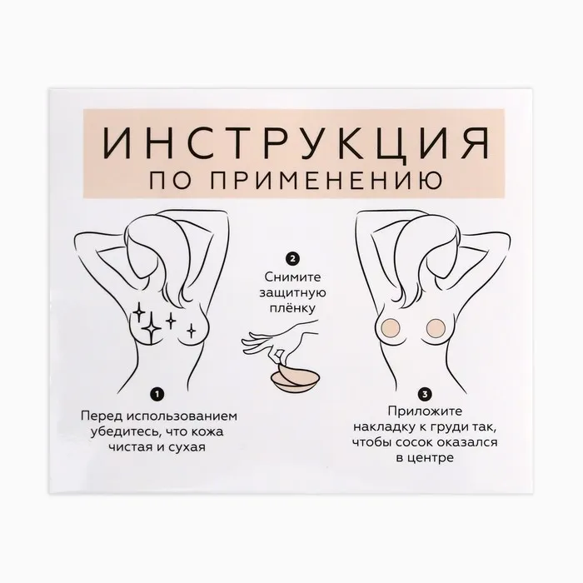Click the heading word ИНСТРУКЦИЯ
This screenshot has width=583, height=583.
tap(296, 143)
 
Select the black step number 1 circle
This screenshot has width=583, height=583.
tap(157, 394)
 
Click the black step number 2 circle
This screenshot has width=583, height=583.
tap(292, 258)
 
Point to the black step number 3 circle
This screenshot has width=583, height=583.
tap(425, 394)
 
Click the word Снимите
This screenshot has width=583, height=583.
tap(292, 277)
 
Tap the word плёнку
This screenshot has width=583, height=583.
tap(292, 309)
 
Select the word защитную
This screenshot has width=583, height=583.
tap(292, 293)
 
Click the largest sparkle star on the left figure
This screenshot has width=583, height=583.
tap(152, 328)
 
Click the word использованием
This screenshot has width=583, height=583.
tap(182, 416)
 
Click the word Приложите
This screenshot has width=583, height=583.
tap(425, 411)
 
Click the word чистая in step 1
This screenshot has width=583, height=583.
tap(129, 447)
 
